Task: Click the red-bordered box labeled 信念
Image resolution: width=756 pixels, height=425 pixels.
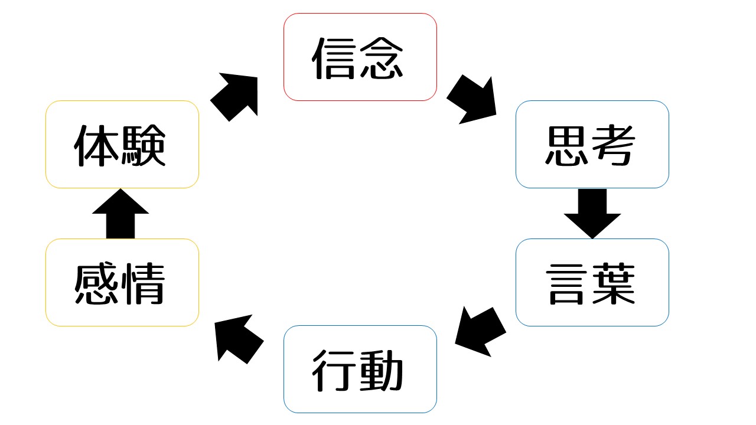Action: coord(360,57)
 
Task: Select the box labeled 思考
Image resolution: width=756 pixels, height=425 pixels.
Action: coord(592,144)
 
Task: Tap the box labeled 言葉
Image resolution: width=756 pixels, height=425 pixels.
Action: coord(592,282)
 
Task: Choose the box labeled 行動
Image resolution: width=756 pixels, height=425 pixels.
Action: coord(360,369)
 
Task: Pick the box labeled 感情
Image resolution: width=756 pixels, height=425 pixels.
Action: coord(122,282)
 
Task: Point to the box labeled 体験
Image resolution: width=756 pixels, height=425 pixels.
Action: coord(122,144)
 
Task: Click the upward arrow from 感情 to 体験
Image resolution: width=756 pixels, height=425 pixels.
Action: coord(120,214)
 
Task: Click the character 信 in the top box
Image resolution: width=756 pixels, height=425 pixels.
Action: coord(335,58)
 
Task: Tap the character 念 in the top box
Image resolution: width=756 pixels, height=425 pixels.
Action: coord(382,58)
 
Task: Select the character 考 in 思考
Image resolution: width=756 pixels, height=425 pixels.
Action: coord(614,145)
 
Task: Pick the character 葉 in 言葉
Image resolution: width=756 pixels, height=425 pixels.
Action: coord(614,283)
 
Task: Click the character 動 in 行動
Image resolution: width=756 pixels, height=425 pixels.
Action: coord(382,370)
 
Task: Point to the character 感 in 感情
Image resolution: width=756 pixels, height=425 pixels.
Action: coord(96,283)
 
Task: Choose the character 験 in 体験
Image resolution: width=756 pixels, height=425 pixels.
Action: coord(144,145)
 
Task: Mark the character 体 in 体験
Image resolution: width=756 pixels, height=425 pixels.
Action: coord(96,145)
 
